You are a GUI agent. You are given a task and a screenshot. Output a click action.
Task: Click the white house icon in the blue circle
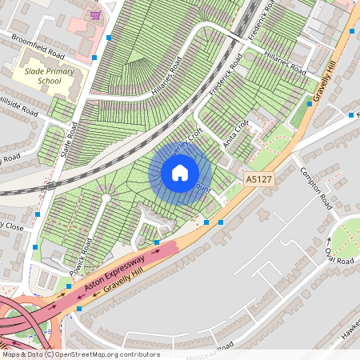[179, 172]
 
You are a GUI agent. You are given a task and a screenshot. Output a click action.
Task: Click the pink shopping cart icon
[96, 14]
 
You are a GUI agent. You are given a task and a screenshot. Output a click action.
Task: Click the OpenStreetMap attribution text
[80, 354]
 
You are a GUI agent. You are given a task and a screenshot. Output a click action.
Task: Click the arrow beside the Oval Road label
[328, 241]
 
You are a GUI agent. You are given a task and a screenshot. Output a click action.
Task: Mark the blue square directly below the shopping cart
[110, 37]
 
